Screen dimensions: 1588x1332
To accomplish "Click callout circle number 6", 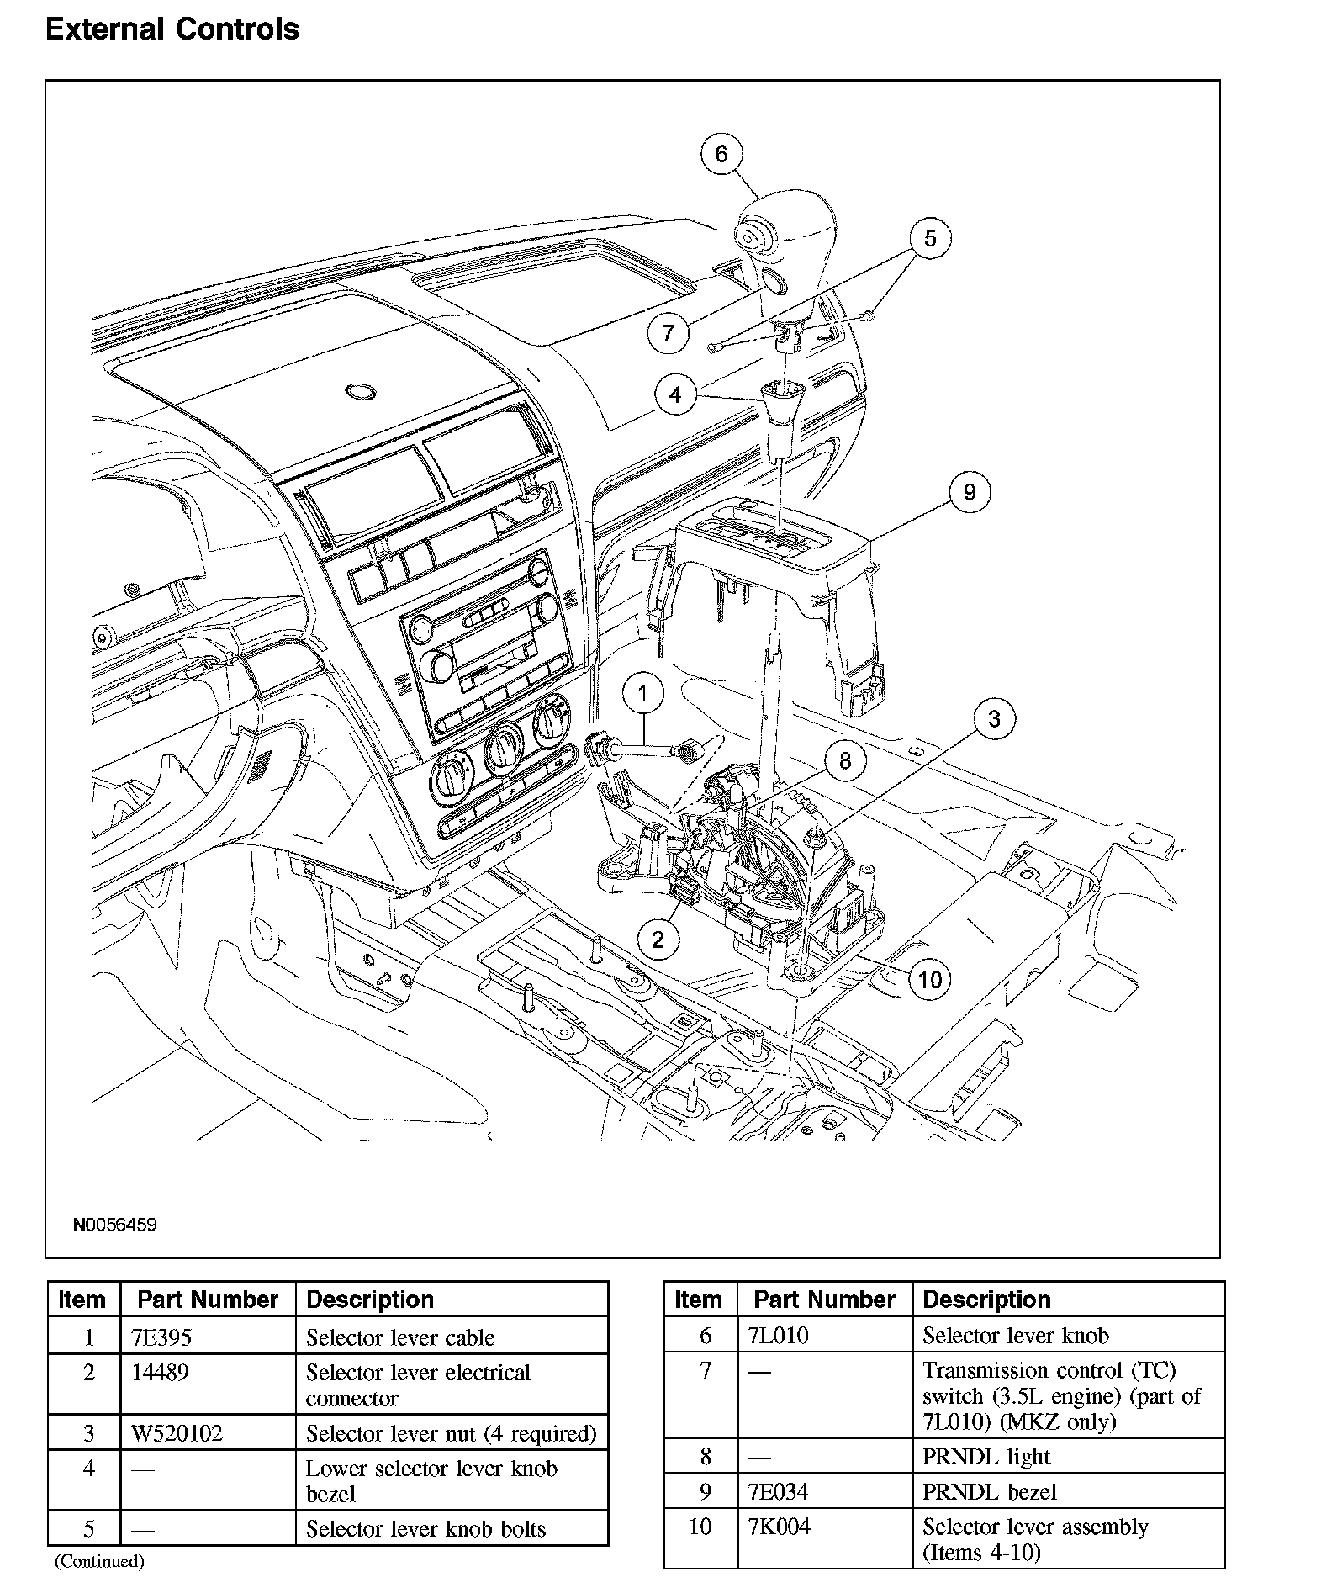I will (x=721, y=154).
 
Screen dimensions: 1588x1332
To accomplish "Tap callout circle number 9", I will (x=969, y=492).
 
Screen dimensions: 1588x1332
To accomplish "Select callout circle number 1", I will (x=643, y=694).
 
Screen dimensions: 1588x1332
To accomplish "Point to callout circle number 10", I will (x=929, y=979).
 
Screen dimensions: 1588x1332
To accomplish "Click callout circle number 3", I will (x=995, y=719).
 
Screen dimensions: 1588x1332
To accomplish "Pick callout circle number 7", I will (x=669, y=333).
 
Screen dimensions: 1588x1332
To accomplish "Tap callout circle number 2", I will (x=658, y=939).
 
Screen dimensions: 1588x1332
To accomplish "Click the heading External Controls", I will (x=172, y=29).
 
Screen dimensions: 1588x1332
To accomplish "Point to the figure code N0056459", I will (x=114, y=1225).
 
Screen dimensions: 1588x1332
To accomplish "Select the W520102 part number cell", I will (x=177, y=1433).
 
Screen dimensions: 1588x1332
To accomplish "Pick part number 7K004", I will (x=780, y=1527).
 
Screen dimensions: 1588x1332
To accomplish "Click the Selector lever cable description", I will (x=400, y=1337).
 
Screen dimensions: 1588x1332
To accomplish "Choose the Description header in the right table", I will (x=986, y=1300).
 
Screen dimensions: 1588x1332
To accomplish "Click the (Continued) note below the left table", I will (x=99, y=1562).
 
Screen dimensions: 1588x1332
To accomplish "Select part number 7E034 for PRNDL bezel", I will (x=778, y=1492).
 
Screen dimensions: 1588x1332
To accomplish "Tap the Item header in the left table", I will (x=82, y=1300).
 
